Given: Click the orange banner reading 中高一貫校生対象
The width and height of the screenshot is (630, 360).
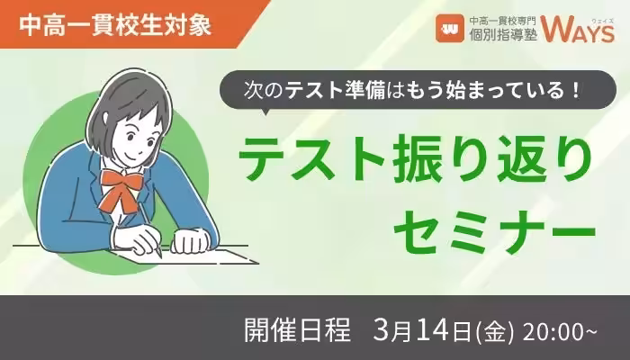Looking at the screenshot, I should (x=117, y=24).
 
